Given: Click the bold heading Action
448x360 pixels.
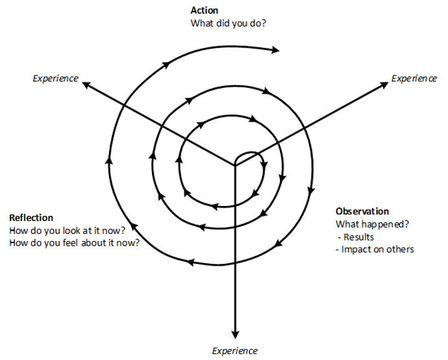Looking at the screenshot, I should pos(204,10).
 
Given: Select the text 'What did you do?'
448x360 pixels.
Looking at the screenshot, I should pos(228,23).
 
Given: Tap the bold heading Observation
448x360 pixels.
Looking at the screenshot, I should pos(362,211).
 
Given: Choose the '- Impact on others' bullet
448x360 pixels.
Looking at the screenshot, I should pos(375,249).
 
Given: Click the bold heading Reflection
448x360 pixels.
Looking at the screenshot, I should pos(31,218).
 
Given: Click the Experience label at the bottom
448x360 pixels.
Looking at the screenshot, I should pos(235,351).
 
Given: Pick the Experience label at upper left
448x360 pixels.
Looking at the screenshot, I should pos(55,79).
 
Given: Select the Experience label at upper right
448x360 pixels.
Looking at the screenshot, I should pos(414,79).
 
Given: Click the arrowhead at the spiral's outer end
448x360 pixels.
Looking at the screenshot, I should pos(277,49).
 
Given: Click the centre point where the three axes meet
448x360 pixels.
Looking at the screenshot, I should pos(235,167).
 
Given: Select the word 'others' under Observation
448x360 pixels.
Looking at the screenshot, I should pos(401,249).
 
